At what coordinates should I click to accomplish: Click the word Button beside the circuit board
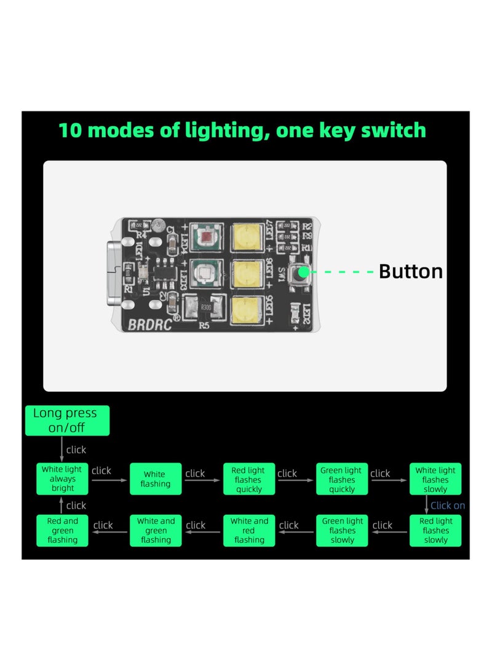[x=410, y=271]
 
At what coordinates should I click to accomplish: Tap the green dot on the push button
[x=303, y=271]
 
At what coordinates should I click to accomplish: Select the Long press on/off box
[x=67, y=420]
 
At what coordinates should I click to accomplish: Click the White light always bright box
[x=63, y=478]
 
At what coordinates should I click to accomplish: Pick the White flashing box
[x=155, y=479]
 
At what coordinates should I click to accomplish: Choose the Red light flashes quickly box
[x=248, y=479]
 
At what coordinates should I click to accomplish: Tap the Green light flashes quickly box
[x=342, y=479]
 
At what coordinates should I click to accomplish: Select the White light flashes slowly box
[x=435, y=479]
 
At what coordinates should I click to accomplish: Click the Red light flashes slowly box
[x=435, y=530]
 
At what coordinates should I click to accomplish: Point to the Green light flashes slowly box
[x=342, y=530]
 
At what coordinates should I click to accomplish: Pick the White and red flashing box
[x=249, y=530]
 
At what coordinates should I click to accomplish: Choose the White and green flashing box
[x=156, y=530]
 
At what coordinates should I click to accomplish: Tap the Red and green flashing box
[x=63, y=530]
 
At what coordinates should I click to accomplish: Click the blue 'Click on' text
[x=448, y=506]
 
